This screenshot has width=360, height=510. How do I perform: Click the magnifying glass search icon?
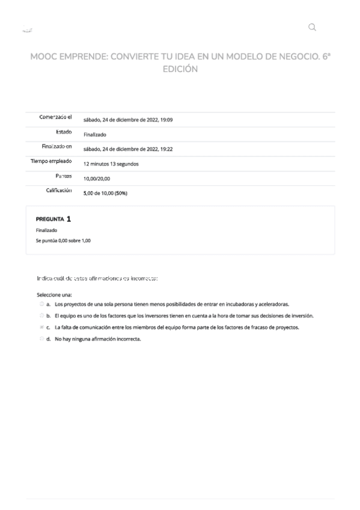(x=311, y=27)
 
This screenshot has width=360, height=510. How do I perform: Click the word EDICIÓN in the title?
(x=180, y=69)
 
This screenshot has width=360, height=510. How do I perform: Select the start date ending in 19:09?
(x=128, y=120)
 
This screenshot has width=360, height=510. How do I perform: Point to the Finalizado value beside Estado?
(x=95, y=135)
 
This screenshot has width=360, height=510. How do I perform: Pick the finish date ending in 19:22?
(x=128, y=149)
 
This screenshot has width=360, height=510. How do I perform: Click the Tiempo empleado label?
(x=51, y=162)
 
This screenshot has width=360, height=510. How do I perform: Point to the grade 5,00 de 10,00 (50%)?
(x=105, y=193)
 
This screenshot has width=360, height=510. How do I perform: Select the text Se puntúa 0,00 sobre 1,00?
(x=63, y=241)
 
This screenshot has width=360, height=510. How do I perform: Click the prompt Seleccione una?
(x=54, y=295)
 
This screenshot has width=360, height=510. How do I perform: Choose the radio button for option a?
(x=41, y=304)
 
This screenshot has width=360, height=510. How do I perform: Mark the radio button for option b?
(x=41, y=316)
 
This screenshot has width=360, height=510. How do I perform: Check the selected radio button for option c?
(x=41, y=327)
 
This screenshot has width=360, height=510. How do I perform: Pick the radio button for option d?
(x=41, y=339)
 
